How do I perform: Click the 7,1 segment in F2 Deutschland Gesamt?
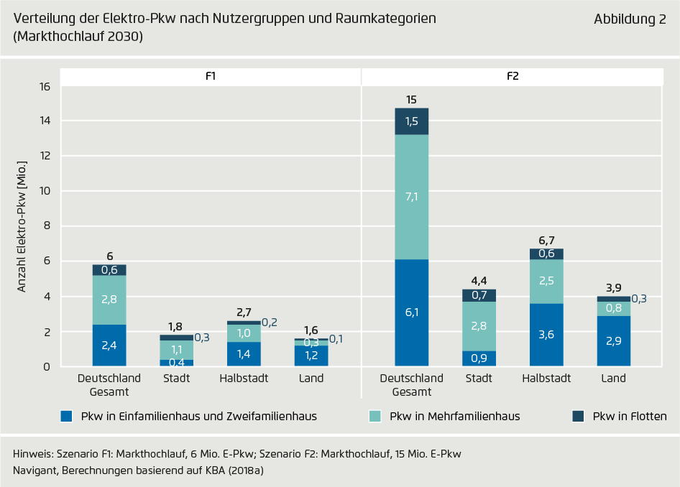[x=411, y=197]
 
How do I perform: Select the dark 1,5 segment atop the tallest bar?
[x=411, y=121]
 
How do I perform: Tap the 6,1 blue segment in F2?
[x=411, y=312]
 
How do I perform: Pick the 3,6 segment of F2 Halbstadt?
[x=546, y=335]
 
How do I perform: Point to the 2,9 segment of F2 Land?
[x=613, y=341]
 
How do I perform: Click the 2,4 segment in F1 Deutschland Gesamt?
[x=109, y=345]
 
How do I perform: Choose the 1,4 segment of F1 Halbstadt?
[x=244, y=354]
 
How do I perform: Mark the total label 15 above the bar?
[x=411, y=100]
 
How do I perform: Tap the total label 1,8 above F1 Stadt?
[x=176, y=326]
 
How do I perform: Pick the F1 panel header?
[x=211, y=76]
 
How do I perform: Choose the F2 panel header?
[x=512, y=76]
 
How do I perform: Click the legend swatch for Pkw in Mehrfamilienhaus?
[x=375, y=416]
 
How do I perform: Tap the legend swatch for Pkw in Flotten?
[x=578, y=416]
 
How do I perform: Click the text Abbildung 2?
[x=630, y=20]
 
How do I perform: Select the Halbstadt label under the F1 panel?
[x=244, y=379]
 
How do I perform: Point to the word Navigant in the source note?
[x=35, y=470]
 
